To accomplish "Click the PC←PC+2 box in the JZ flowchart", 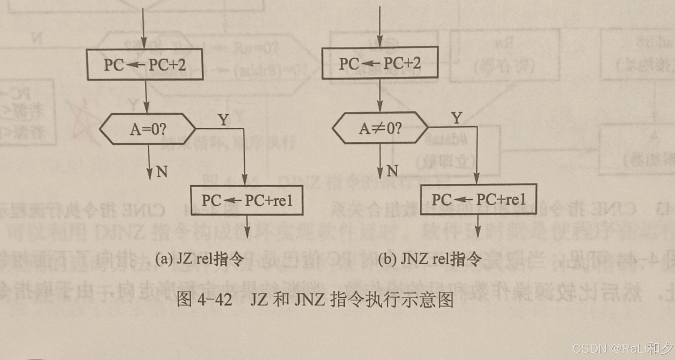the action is point(145,65).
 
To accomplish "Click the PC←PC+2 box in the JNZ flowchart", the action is point(380,64).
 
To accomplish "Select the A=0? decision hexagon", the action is point(148,129).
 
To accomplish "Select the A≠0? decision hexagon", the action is point(380,128).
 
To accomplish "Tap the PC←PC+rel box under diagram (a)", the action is point(247,200).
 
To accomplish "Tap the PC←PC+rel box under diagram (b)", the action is point(478,199).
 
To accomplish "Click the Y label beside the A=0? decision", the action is point(223,120).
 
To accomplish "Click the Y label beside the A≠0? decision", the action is point(457,118).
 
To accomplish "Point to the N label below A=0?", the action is point(162,172).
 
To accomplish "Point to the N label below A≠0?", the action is point(392,171).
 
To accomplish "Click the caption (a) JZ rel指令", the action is point(199,259).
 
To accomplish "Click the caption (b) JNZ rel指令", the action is point(430,259).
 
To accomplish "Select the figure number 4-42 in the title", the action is point(214,300).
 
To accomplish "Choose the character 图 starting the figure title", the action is point(184,300).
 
